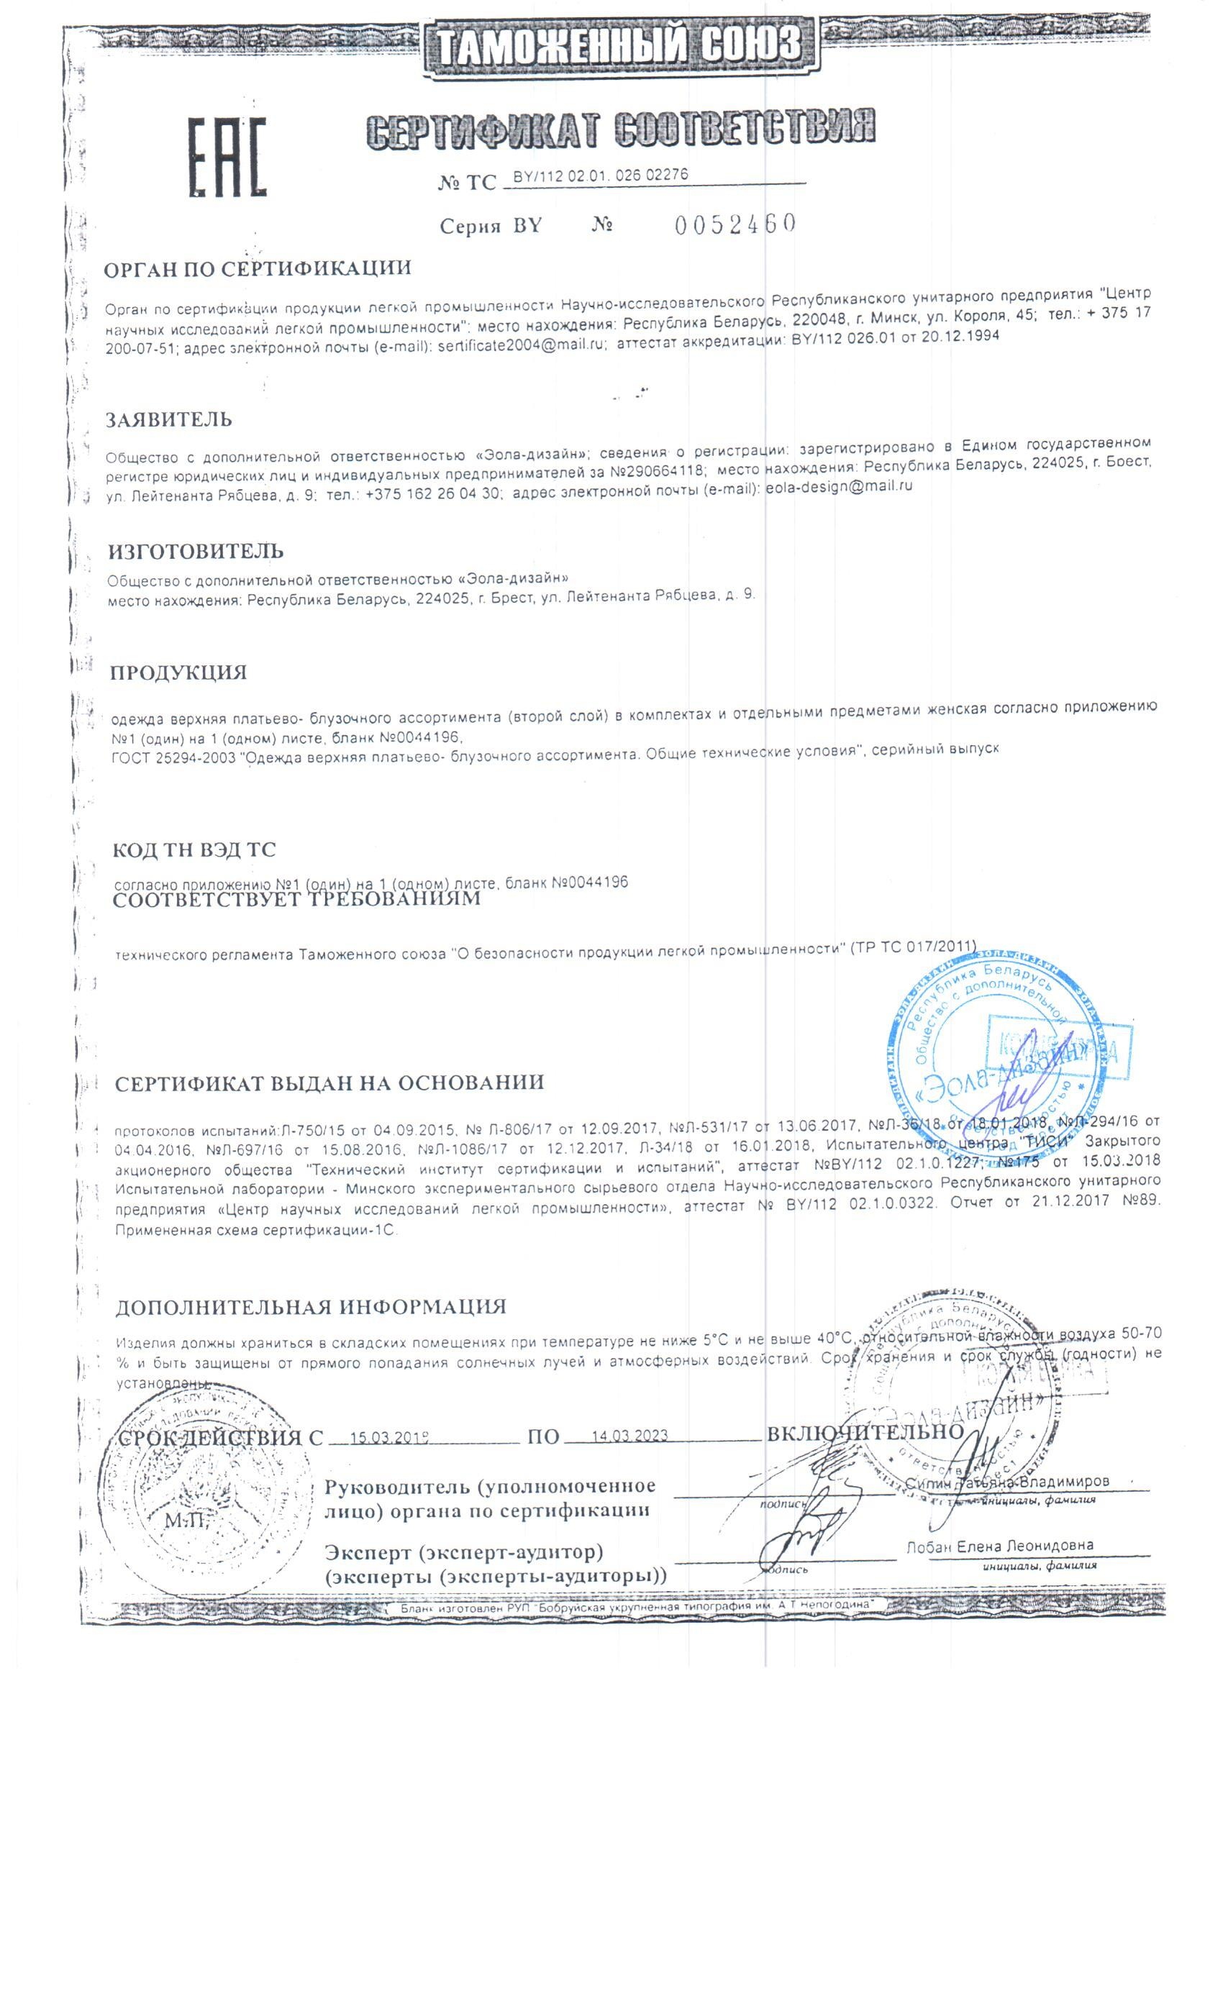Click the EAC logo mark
tap(228, 157)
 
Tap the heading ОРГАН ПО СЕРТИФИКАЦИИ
tap(258, 269)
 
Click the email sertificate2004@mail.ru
tap(522, 346)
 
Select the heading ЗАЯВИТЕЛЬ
tap(169, 420)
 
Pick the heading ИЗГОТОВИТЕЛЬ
tap(196, 551)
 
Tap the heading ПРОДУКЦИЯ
tap(178, 673)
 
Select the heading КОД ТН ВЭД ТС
tap(194, 850)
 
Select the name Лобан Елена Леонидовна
tap(999, 1546)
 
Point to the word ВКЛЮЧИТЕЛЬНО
tap(865, 1433)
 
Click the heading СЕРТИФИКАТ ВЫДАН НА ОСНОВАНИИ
tap(329, 1084)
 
